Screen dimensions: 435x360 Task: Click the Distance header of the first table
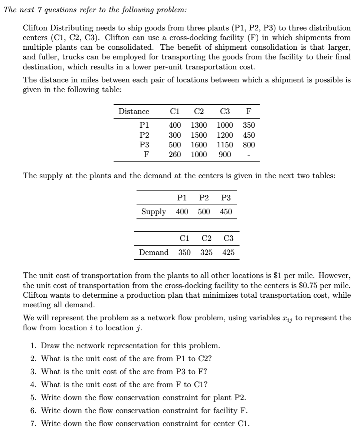click(x=134, y=111)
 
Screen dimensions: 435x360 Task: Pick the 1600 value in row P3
click(x=199, y=145)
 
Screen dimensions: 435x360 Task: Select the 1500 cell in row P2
click(x=199, y=135)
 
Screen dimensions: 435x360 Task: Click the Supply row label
click(x=154, y=212)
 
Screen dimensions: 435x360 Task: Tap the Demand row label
click(x=153, y=252)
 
